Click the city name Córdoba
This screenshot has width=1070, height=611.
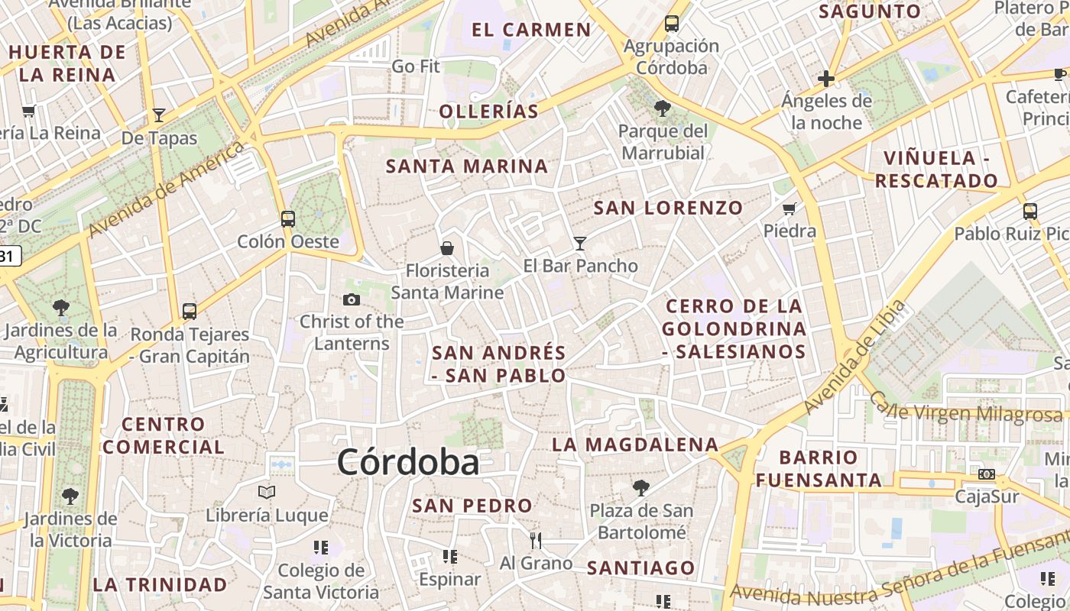408,463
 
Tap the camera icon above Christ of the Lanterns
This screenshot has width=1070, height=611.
352,299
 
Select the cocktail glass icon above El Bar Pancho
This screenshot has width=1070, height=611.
580,244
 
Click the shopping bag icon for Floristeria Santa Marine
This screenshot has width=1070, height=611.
447,248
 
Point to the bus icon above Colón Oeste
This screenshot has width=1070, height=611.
288,219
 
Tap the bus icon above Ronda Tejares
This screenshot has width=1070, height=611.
190,312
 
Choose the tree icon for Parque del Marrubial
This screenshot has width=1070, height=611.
663,108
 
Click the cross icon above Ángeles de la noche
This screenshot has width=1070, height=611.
826,78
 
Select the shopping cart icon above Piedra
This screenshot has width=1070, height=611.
790,209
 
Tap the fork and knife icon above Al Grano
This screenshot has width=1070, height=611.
536,541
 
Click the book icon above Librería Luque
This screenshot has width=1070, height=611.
267,492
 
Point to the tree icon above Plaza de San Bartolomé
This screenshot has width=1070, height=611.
641,487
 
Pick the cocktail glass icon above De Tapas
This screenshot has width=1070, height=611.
159,115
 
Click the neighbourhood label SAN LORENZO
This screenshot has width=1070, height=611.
668,208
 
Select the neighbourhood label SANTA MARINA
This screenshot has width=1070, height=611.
467,166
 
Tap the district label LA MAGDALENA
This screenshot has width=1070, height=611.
635,445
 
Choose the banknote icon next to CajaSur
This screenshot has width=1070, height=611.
987,474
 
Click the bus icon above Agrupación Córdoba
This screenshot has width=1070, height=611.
672,24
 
